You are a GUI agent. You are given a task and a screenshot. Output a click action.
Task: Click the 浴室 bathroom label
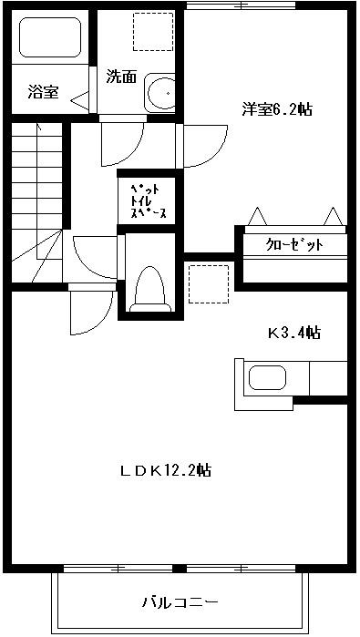tap(43, 91)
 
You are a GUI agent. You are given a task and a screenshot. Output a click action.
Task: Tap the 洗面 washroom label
tap(121, 77)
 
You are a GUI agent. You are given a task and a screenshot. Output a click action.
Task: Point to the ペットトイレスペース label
tap(147, 196)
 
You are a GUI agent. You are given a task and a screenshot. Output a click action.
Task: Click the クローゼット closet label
tap(293, 245)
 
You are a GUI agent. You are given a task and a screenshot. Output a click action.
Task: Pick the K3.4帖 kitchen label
tap(293, 333)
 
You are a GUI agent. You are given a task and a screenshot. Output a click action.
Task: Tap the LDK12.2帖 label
tap(166, 470)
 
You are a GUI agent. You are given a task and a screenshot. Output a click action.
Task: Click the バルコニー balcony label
tap(180, 602)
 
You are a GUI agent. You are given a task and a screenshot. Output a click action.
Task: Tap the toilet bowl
tap(148, 289)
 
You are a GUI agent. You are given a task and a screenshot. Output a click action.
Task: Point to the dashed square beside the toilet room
tap(207, 283)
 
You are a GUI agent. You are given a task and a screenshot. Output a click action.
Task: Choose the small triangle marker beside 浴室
tap(80, 94)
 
